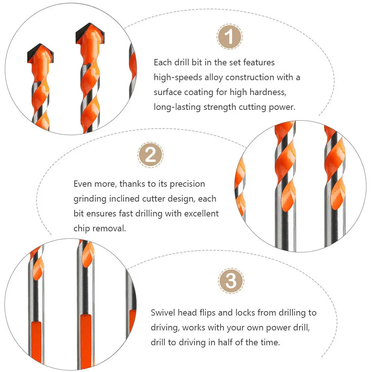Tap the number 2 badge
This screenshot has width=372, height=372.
tap(150, 155)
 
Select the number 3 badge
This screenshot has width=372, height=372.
tap(231, 281)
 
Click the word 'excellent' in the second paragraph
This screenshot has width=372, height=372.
tap(201, 214)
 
